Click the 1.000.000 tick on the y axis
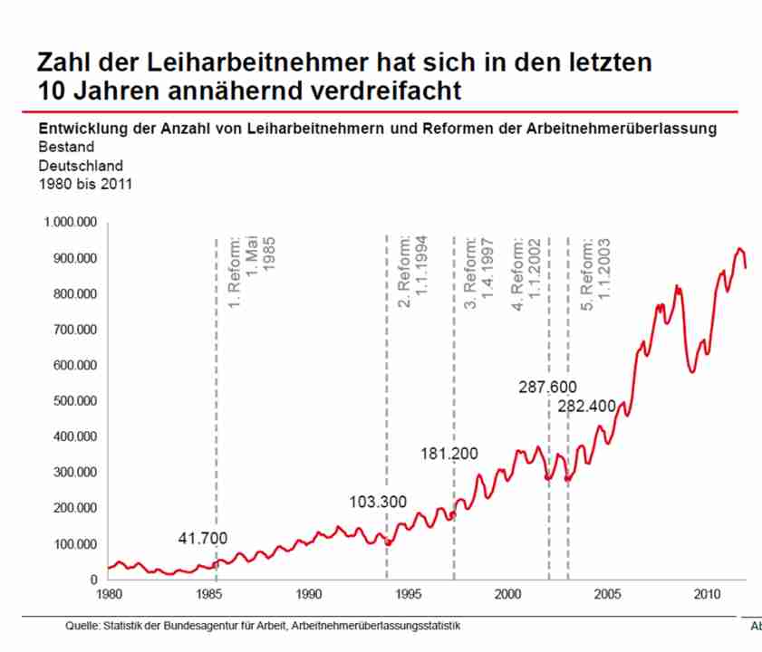tap(71, 222)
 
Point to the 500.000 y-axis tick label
tap(74, 401)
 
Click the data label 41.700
tap(202, 539)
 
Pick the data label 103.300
tap(378, 502)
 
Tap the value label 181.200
tap(448, 454)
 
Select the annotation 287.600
tap(547, 388)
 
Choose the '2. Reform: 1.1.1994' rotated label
tap(413, 272)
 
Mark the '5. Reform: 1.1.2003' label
tap(594, 272)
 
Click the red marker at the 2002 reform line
tap(548, 477)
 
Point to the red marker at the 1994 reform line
tap(388, 542)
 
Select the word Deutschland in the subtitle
tap(80, 166)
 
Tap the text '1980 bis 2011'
tap(85, 185)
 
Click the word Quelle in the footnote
tap(83, 626)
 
